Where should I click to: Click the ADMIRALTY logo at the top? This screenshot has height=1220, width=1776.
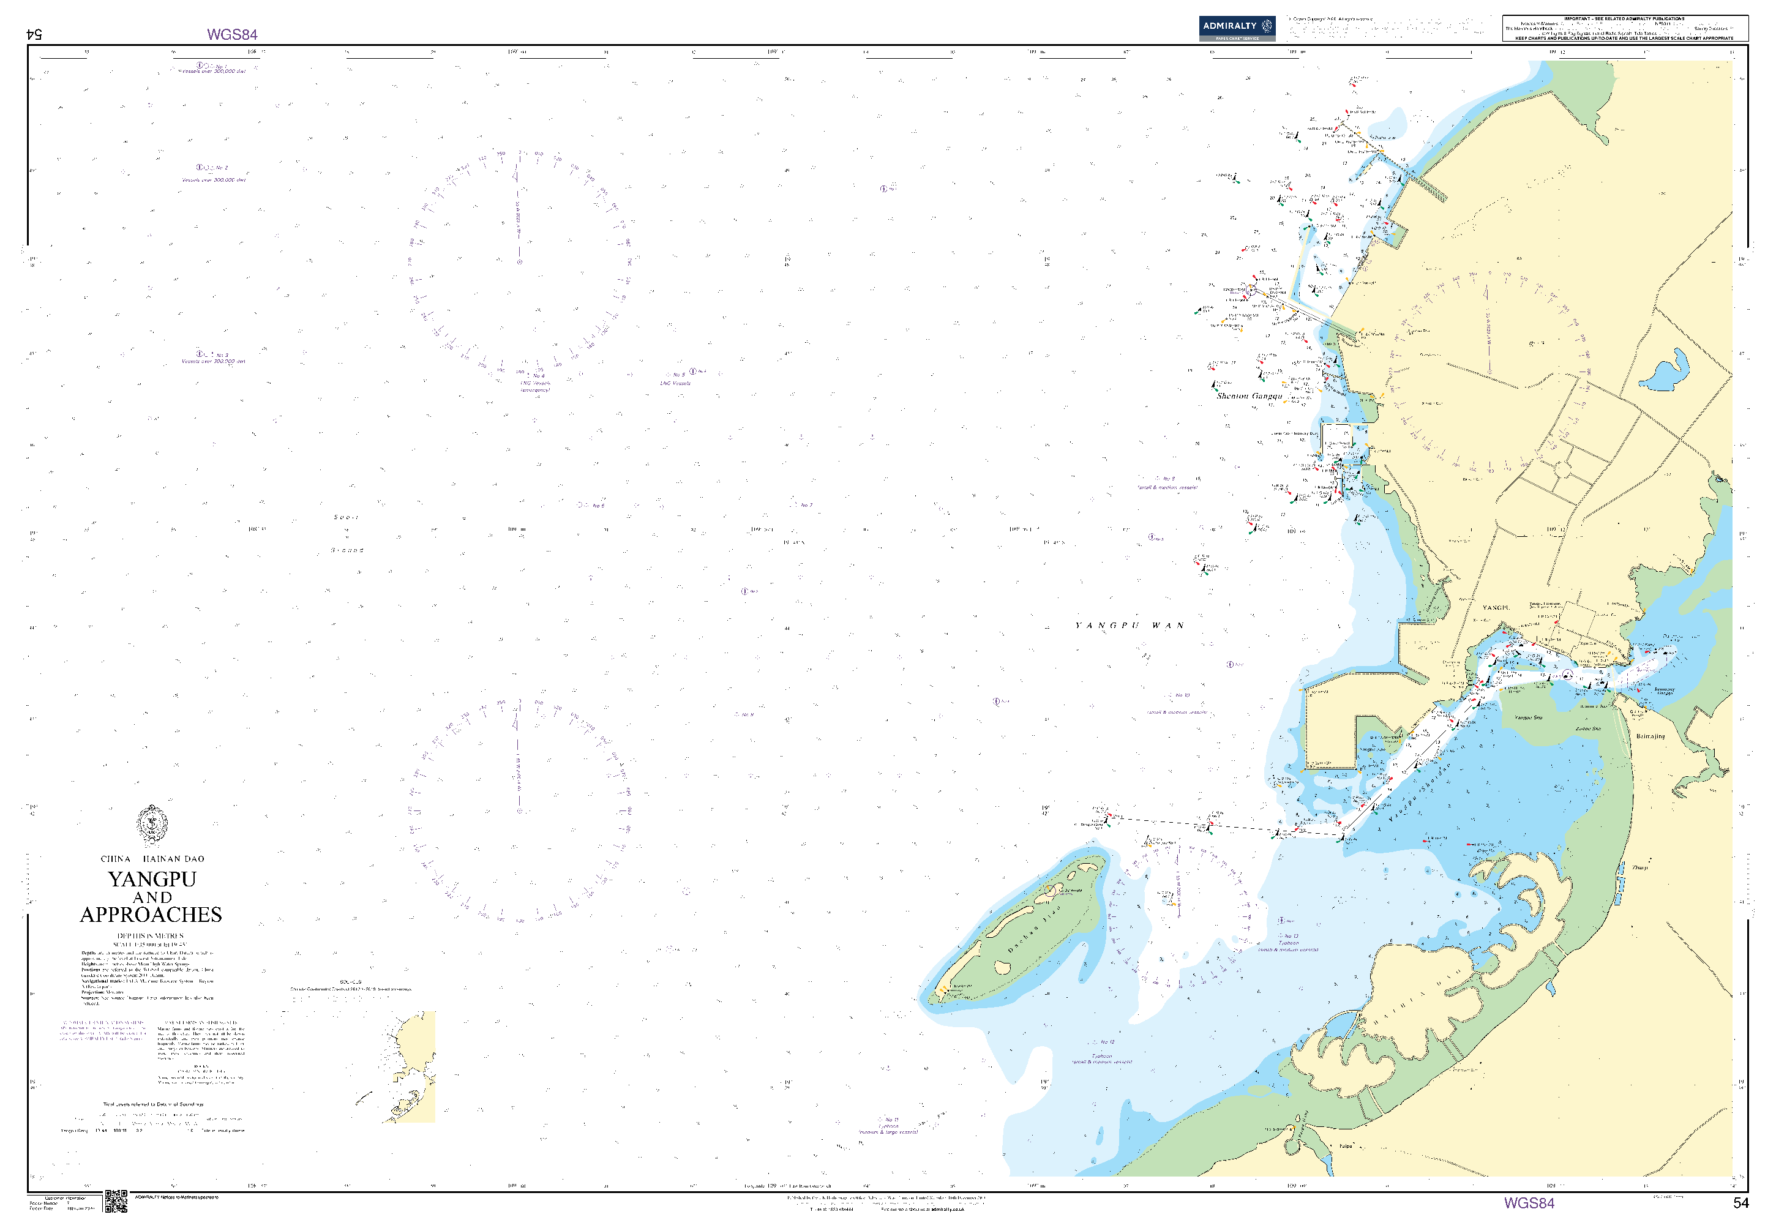click(x=1236, y=28)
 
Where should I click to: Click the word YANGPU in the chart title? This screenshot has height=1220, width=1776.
click(x=152, y=879)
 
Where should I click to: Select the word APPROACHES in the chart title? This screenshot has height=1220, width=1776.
click(x=151, y=915)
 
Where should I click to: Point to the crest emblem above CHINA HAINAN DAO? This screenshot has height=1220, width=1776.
click(x=152, y=824)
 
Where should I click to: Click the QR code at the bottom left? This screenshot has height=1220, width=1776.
click(x=116, y=1201)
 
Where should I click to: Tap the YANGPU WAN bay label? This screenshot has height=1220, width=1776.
click(x=1130, y=625)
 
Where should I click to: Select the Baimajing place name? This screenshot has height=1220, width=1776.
click(x=1650, y=736)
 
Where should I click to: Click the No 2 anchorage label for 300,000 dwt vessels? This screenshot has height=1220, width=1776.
click(x=213, y=173)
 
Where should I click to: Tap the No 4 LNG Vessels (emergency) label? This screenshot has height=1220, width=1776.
click(x=535, y=382)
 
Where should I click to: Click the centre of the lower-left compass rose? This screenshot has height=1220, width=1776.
click(x=519, y=810)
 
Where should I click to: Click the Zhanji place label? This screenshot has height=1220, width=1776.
click(x=1639, y=867)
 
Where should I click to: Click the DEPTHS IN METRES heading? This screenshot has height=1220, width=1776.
click(x=151, y=935)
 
